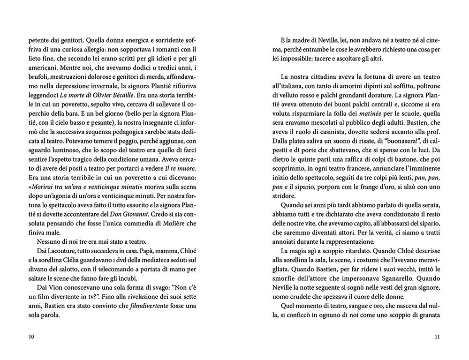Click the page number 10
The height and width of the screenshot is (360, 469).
(31, 336)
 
